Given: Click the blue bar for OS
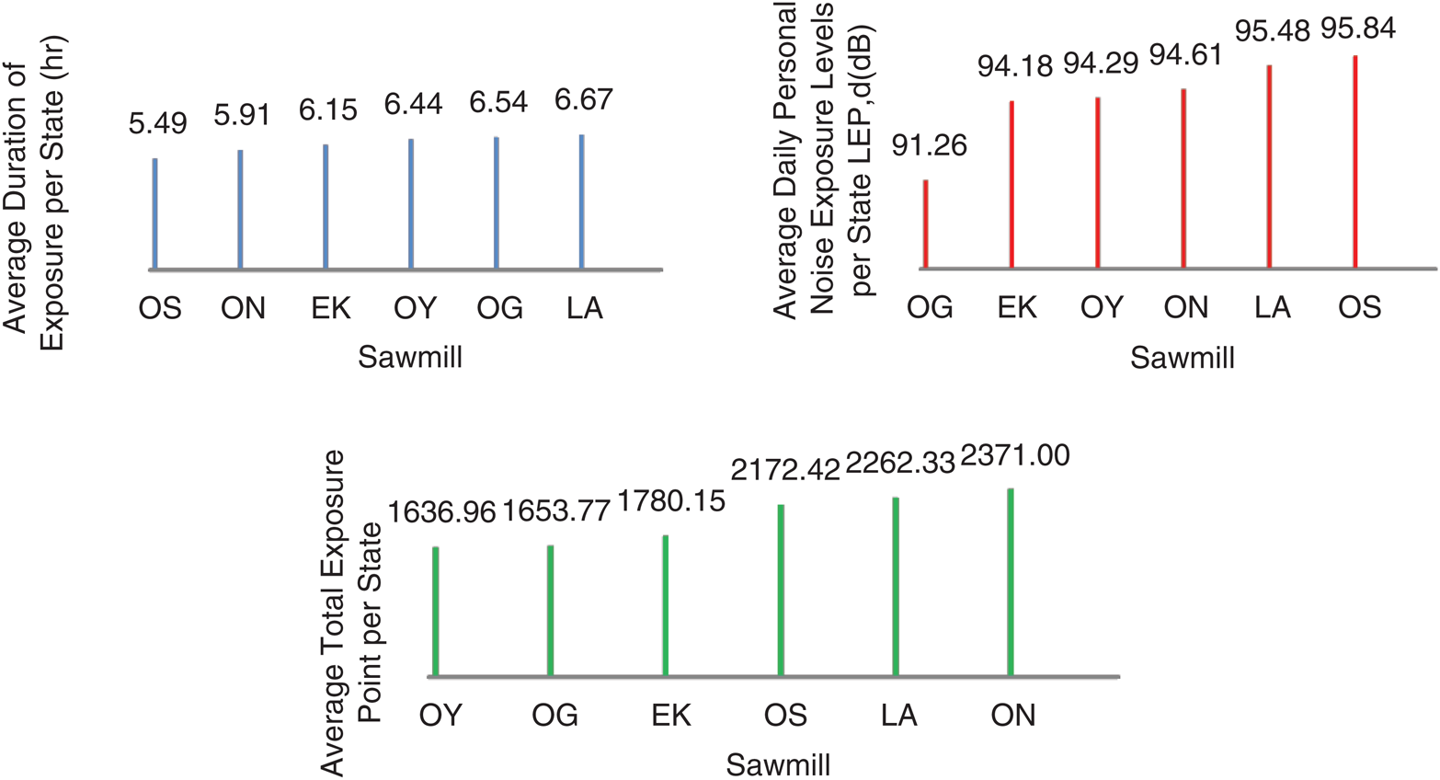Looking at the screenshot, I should (x=154, y=214).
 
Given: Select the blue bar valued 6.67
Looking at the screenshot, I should (x=581, y=202).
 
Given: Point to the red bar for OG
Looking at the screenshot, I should (x=925, y=224).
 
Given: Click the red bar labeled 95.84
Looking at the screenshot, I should (x=1354, y=162).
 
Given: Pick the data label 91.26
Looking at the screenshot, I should (x=930, y=145).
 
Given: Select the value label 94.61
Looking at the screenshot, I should (x=1185, y=56).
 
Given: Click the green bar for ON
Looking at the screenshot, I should (x=1010, y=582).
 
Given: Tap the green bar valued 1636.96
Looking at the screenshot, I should (x=435, y=612).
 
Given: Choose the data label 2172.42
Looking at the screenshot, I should (x=785, y=470).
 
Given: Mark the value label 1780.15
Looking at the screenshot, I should (x=671, y=501).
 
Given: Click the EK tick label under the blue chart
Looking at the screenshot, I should (x=331, y=308).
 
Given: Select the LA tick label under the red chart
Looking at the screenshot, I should (x=1273, y=307).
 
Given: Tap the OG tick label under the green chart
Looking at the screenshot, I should (x=554, y=716).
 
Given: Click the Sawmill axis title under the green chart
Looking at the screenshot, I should (x=778, y=764).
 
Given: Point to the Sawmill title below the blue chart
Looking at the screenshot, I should (x=410, y=357).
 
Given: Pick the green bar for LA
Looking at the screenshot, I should (x=895, y=587).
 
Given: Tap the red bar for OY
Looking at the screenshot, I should (x=1098, y=183).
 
